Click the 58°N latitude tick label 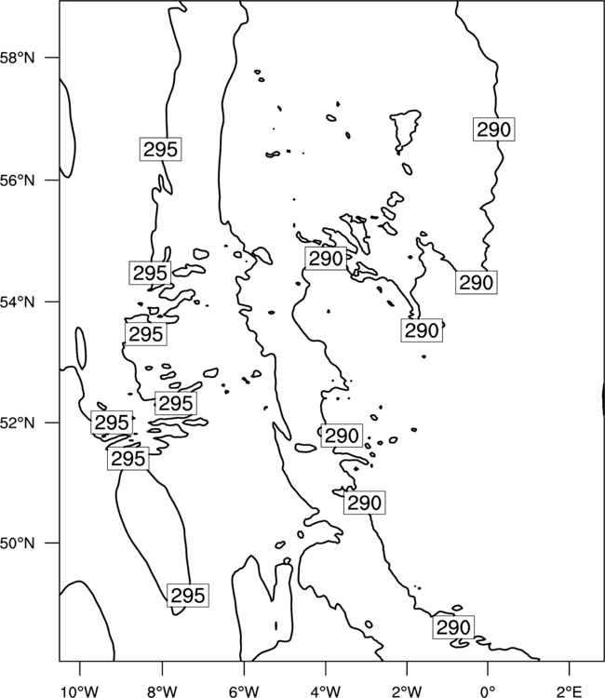[x=17, y=58]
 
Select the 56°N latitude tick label [x=17, y=181]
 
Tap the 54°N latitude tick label [x=17, y=302]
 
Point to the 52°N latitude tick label [x=17, y=423]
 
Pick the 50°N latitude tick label [x=17, y=544]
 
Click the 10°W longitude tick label [x=80, y=691]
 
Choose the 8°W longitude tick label [x=162, y=691]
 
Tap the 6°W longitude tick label [x=244, y=691]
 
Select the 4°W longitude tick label [x=326, y=691]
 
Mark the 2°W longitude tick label [x=407, y=691]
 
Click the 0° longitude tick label [x=489, y=691]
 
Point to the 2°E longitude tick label [x=570, y=691]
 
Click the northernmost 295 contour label [x=161, y=149]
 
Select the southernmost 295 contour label [x=188, y=596]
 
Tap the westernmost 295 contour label [x=112, y=423]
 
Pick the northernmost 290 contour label [x=493, y=129]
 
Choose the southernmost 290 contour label [x=453, y=627]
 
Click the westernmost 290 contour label [x=326, y=258]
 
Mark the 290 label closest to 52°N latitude [x=342, y=436]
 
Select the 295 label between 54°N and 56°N [x=150, y=273]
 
